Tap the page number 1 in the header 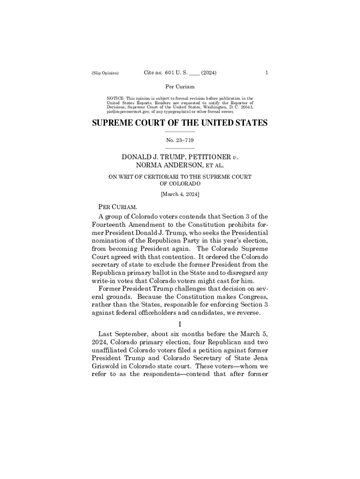pyautogui.click(x=266, y=73)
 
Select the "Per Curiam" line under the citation pyautogui.click(x=180, y=87)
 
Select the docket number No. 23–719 pyautogui.click(x=180, y=140)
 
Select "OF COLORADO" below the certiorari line pyautogui.click(x=180, y=184)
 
